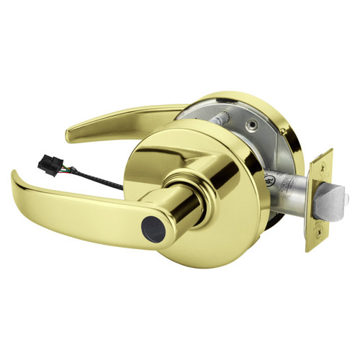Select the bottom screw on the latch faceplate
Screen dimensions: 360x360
click(316, 241)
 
